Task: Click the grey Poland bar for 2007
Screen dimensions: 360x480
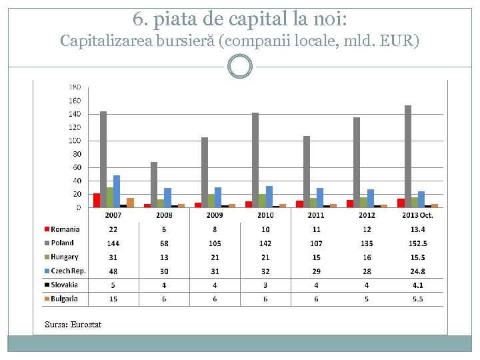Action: (x=103, y=159)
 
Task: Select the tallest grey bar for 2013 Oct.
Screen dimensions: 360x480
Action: (x=408, y=157)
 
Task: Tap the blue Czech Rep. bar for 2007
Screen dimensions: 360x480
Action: (x=117, y=191)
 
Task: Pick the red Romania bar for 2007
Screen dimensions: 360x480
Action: (x=97, y=200)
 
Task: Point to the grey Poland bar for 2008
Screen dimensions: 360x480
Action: (x=154, y=185)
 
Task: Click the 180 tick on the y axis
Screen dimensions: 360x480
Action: (x=75, y=87)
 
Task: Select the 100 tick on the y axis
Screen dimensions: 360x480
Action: (x=75, y=141)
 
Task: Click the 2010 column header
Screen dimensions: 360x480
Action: (x=265, y=215)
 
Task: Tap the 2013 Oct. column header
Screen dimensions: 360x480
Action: (x=417, y=215)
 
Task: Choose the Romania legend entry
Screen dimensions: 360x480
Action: (x=65, y=229)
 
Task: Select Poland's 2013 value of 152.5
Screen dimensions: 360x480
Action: (x=417, y=243)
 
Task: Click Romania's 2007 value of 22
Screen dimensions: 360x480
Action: (x=113, y=229)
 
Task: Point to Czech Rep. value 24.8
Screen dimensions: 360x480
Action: (x=417, y=271)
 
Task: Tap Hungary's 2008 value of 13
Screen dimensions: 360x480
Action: (x=164, y=257)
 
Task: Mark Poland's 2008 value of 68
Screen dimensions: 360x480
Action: (x=164, y=243)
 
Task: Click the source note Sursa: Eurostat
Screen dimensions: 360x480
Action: (x=73, y=325)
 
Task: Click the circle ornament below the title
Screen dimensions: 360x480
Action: (x=240, y=67)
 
